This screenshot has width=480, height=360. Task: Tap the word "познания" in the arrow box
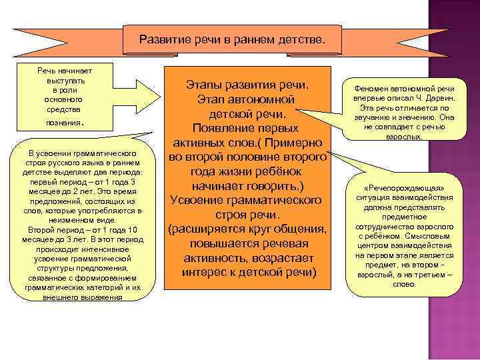tap(63, 123)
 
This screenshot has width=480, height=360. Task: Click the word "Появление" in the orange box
tap(221, 128)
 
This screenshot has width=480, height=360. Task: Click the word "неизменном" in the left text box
tap(79, 220)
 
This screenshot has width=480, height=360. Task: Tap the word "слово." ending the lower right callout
tap(405, 284)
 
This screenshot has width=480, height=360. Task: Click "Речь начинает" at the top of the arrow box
tap(65, 70)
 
